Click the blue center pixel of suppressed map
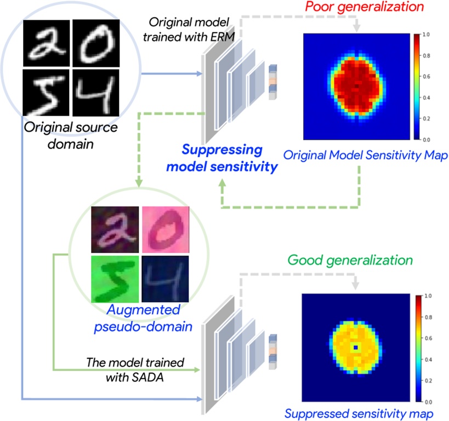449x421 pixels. point(356,348)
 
